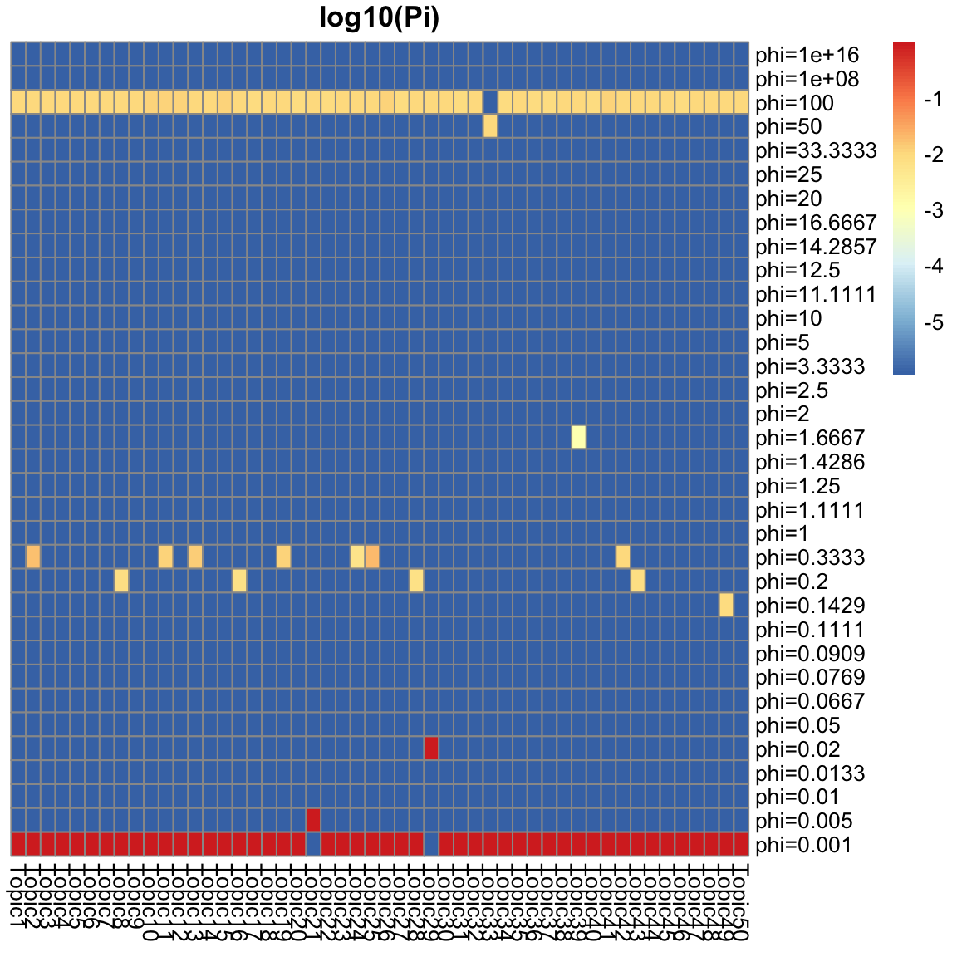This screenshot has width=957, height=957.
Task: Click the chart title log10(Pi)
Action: click(379, 19)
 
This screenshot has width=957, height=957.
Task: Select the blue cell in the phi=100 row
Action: click(490, 102)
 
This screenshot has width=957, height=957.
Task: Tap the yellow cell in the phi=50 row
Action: click(490, 126)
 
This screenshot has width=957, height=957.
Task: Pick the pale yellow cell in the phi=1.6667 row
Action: click(579, 437)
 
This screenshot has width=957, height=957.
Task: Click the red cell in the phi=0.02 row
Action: click(431, 748)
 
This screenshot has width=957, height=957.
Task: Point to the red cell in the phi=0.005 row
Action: click(313, 820)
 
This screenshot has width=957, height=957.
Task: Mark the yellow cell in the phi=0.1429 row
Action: click(726, 605)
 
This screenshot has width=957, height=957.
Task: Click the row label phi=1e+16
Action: click(807, 56)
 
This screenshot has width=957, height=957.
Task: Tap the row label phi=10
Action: click(788, 319)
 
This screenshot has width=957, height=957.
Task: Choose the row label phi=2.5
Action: click(792, 390)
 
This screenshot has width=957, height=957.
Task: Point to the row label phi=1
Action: click(782, 534)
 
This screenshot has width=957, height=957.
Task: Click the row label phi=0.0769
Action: click(810, 678)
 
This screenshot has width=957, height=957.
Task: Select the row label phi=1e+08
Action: click(807, 80)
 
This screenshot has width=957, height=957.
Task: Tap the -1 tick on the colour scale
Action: click(932, 100)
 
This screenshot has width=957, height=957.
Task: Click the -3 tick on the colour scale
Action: click(932, 211)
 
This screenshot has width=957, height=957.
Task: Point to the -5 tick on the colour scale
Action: click(932, 323)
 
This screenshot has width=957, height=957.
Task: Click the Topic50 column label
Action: click(741, 902)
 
